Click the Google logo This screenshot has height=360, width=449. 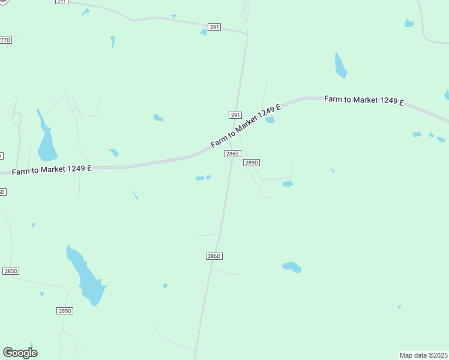click(20, 353)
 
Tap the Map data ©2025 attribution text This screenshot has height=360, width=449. click(423, 355)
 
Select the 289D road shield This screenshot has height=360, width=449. click(251, 163)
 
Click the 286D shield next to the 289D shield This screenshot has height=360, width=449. click(233, 154)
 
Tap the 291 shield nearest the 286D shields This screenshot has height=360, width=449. click(235, 115)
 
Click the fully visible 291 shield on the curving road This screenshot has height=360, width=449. click(214, 27)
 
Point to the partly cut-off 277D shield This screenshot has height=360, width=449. click(5, 40)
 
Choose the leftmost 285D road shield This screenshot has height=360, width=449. click(11, 271)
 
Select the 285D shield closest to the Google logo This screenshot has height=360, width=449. click(65, 311)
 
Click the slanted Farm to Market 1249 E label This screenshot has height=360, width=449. click(246, 127)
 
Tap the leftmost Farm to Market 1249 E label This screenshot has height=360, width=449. click(52, 170)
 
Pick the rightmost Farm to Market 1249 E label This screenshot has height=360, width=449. click(364, 100)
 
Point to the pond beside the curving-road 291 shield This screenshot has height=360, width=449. click(203, 32)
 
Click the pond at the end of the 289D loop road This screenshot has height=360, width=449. click(288, 184)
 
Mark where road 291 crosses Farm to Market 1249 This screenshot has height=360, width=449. click(232, 136)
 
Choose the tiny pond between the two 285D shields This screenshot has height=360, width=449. click(41, 294)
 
